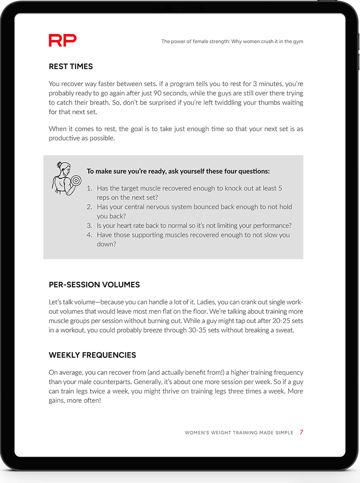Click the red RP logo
point(63,40)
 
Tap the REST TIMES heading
point(70,67)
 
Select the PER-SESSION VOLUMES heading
point(94,285)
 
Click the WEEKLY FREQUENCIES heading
point(92,355)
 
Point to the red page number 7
point(301,432)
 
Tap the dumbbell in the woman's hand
point(76,181)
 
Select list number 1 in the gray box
point(89,188)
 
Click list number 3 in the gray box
point(89,225)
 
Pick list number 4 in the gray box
point(89,235)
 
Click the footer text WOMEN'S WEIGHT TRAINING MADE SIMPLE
point(239,433)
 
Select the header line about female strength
point(232,41)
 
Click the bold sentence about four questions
point(178,172)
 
